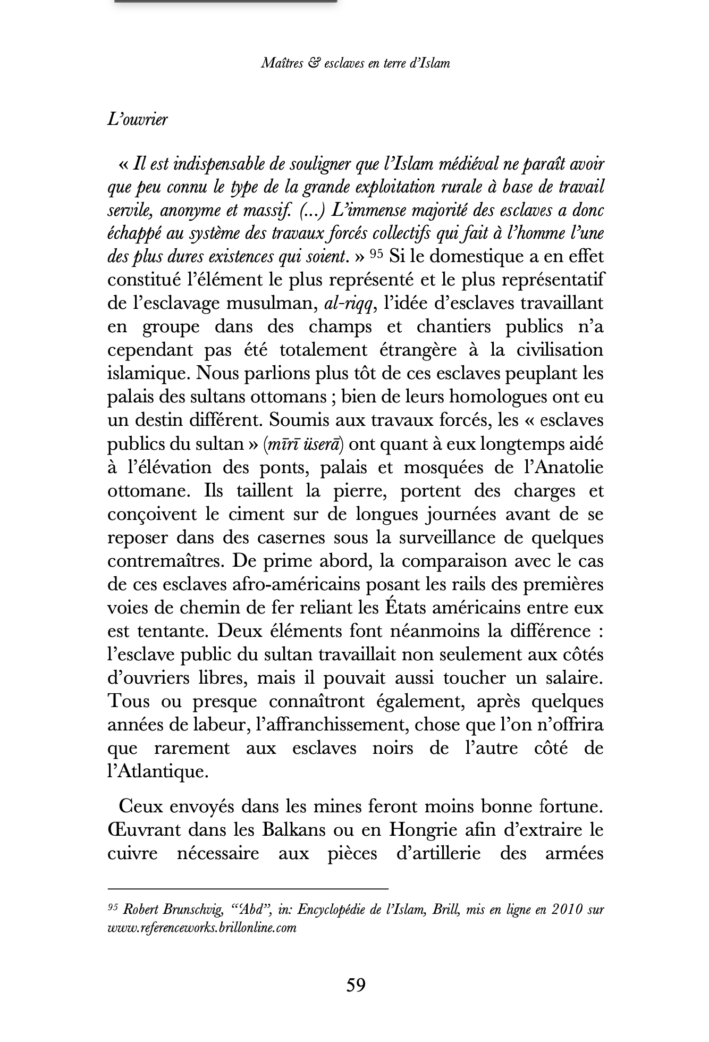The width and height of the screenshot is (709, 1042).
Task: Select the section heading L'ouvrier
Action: tap(137, 120)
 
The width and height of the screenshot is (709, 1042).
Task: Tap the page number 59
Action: tap(356, 985)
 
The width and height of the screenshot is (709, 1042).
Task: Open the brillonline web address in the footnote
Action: tap(201, 928)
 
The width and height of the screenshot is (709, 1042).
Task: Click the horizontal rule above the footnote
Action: tap(248, 888)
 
